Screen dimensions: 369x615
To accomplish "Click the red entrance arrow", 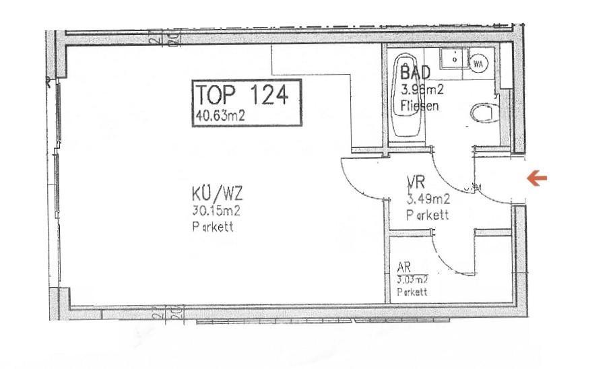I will [537, 178].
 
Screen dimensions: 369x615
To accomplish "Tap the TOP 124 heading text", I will [242, 95].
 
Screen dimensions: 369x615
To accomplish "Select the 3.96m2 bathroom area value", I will [422, 89].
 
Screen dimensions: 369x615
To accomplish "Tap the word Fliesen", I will [420, 105].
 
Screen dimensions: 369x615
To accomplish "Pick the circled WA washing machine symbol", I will [479, 63].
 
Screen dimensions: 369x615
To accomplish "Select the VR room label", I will [415, 182].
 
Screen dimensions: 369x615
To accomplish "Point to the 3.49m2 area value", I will [428, 199].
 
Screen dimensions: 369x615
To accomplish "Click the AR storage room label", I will [405, 267].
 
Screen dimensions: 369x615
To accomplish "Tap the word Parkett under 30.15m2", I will [212, 227].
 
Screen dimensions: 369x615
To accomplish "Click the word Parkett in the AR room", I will [412, 292].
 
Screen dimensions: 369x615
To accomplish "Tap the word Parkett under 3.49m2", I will [428, 215].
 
